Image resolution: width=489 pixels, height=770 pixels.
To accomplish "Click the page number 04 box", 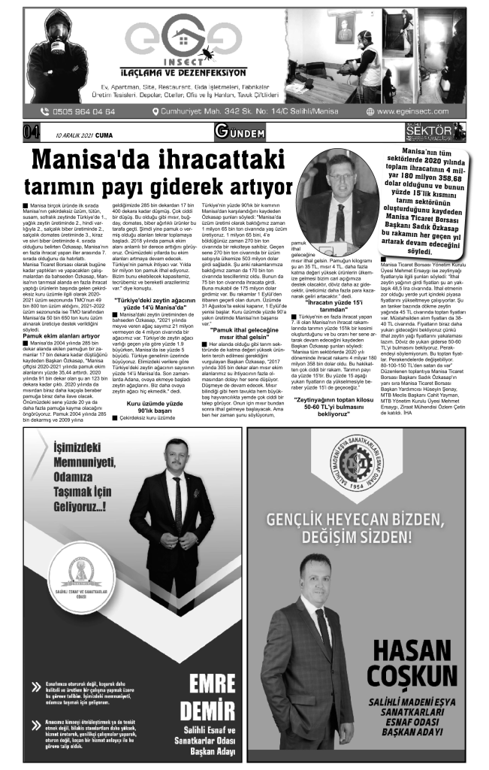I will pos(32,134).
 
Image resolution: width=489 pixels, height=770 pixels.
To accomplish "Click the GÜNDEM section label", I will pos(240,134).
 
